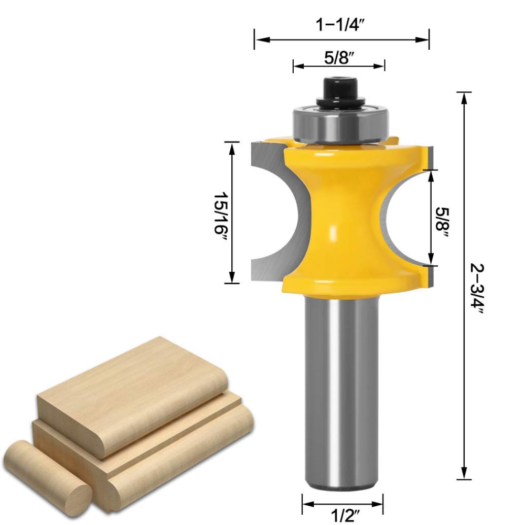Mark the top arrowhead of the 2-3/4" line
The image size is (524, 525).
(463, 97)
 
